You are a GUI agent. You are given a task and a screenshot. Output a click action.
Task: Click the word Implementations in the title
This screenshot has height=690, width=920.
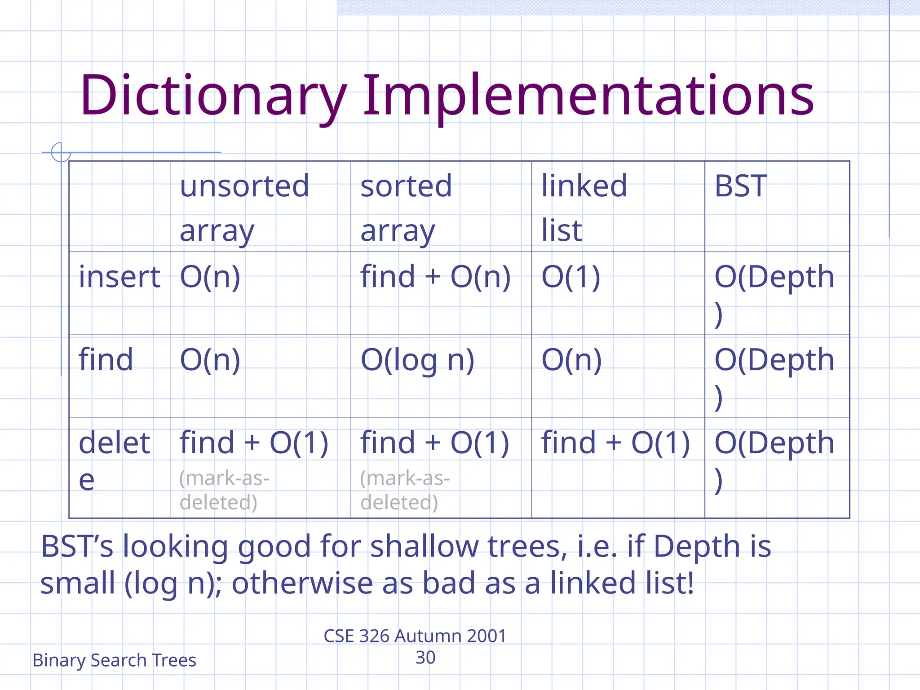point(588,95)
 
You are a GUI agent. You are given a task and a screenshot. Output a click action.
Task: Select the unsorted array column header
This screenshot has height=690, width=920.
point(244,208)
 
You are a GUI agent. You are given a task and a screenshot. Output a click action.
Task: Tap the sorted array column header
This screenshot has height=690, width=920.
point(406,208)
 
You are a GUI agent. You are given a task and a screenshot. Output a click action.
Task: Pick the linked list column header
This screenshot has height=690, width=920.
point(584,208)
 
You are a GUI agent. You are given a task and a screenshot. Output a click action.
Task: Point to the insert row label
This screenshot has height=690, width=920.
point(119,277)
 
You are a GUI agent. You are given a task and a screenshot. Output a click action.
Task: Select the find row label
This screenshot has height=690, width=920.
point(106,360)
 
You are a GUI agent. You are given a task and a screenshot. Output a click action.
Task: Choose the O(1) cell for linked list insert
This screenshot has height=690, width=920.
point(571,277)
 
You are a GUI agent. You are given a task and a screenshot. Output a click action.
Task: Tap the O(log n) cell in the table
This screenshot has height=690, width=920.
point(417,360)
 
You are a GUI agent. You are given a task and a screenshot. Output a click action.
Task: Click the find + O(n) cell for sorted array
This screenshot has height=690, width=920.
point(435,277)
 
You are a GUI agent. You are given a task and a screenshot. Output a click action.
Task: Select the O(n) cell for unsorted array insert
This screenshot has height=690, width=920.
point(210,277)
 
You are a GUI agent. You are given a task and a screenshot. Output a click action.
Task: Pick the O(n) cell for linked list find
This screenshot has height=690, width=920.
point(571,360)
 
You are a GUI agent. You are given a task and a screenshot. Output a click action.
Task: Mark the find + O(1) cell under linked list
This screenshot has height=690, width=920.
point(615,443)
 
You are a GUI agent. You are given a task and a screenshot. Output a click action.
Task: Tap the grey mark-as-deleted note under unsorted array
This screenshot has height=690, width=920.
point(224,490)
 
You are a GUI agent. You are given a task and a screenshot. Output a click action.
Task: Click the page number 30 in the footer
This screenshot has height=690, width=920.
point(425,658)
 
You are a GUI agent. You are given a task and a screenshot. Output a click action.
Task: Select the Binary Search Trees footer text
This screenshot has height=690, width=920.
point(114,660)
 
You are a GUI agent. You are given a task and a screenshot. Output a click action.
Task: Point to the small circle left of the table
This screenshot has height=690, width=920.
point(61,152)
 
